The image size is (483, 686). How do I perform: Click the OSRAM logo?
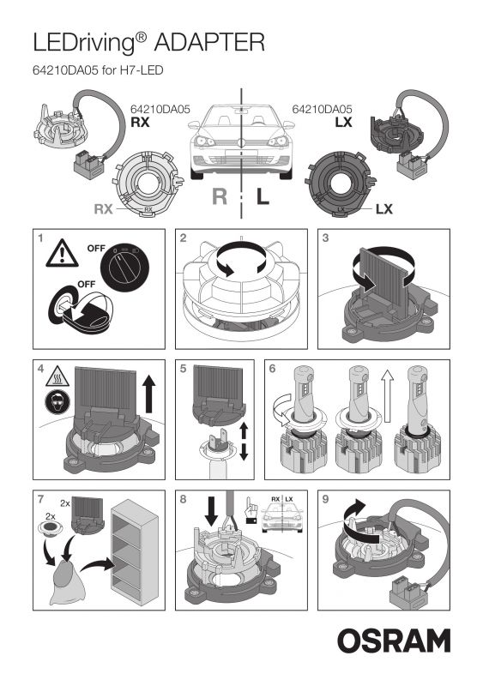point(394,641)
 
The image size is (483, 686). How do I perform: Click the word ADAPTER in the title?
point(209,42)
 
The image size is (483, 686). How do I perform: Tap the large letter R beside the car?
point(220,196)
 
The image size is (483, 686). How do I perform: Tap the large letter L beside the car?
point(263,196)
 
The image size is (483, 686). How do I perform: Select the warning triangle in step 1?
point(62,254)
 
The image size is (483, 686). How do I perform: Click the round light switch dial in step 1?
point(124,266)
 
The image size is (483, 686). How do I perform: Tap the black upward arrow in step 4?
point(149,395)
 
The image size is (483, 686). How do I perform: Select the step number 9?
point(325,499)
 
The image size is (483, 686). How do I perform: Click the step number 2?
point(183,238)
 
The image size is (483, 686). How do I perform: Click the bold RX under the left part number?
point(140,123)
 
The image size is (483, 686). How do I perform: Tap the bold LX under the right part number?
point(344,123)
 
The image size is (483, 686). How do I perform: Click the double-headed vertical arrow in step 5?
point(244,442)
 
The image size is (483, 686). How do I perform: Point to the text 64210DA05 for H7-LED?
point(98,70)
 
